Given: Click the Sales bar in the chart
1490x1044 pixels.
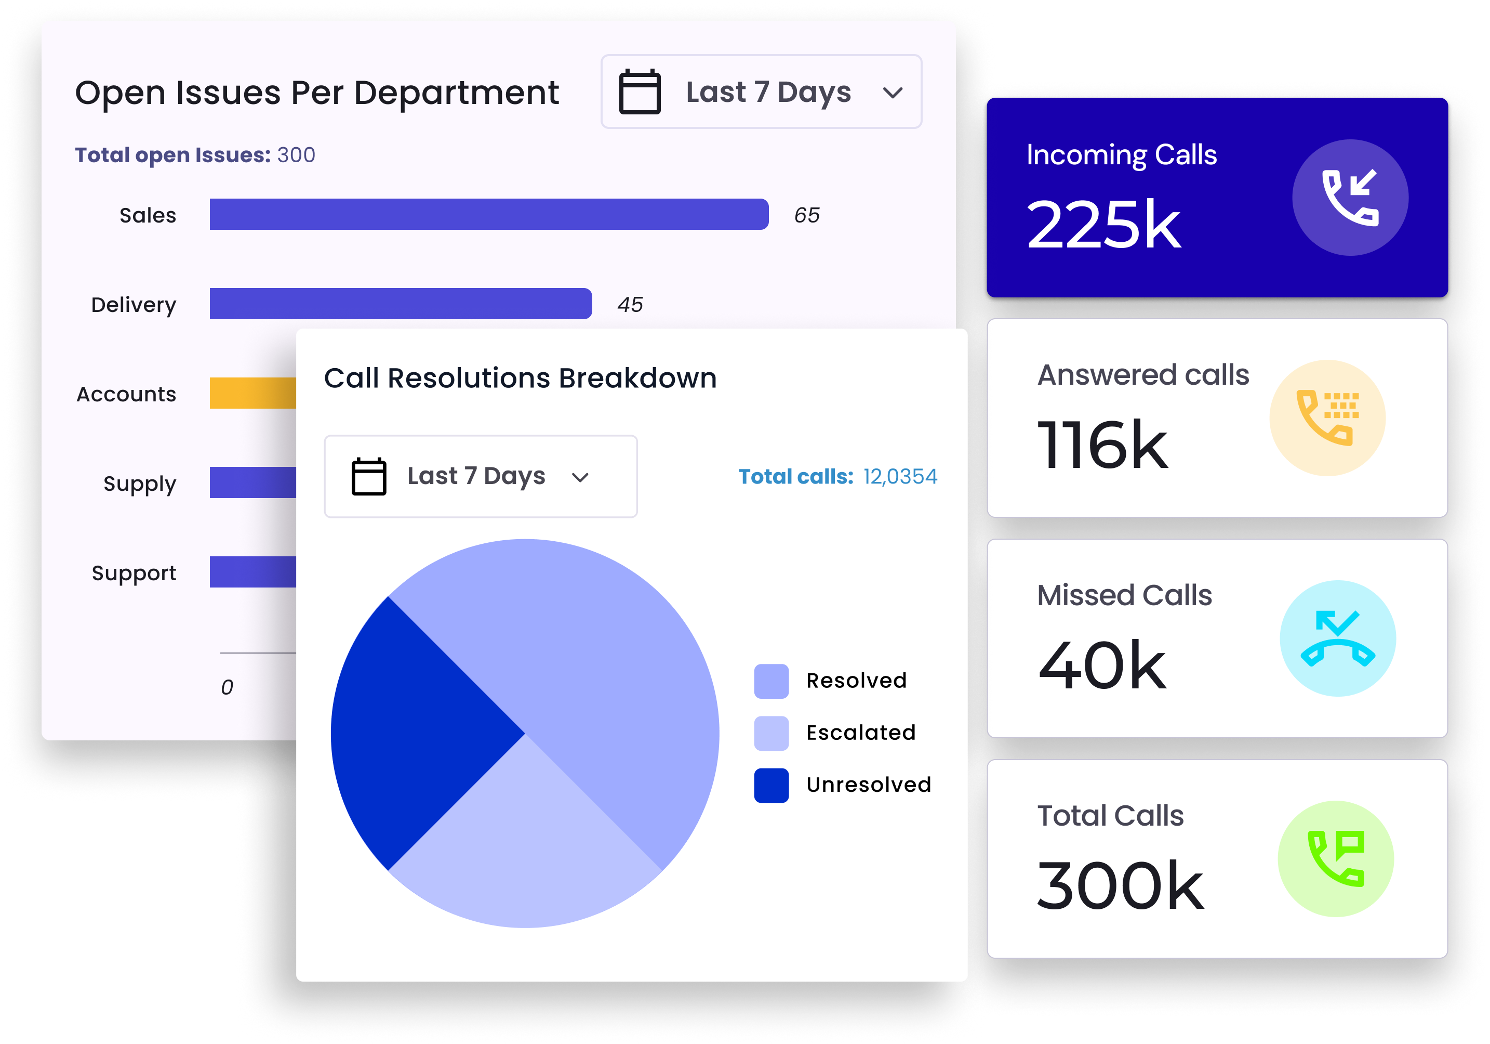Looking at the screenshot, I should click(489, 214).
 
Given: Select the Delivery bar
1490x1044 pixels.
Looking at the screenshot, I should click(401, 304).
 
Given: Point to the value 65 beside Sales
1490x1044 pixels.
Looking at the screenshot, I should click(807, 215).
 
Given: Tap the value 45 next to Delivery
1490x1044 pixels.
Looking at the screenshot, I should click(630, 305).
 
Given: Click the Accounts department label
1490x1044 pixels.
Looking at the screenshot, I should click(127, 394).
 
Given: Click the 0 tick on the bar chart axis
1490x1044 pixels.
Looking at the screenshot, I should click(227, 687).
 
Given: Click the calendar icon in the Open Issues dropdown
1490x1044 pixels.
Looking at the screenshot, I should click(639, 92).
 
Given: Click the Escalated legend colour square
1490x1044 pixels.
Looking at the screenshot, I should click(771, 733).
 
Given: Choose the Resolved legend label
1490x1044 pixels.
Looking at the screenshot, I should click(856, 681).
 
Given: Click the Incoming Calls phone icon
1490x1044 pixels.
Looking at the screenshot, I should click(1350, 198).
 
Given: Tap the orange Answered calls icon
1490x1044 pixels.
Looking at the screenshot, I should click(1327, 417).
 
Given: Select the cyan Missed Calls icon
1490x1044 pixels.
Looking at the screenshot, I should click(1337, 638).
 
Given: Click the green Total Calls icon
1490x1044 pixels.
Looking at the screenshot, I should click(1336, 858).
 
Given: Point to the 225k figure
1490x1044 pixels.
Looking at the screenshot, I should click(1103, 225).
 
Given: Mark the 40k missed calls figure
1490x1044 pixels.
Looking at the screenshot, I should click(1102, 665).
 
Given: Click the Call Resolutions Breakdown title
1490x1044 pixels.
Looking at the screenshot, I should click(520, 378).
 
